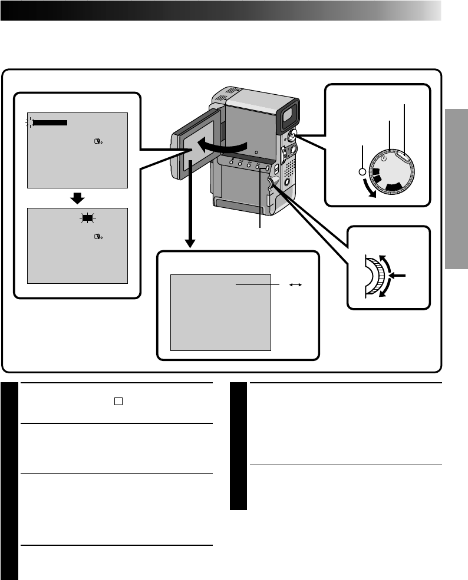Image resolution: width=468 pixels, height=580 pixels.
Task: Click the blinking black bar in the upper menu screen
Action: (x=50, y=122)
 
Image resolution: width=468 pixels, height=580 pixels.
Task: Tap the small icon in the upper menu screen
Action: (x=98, y=142)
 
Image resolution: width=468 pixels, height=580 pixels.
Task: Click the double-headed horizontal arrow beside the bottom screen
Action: (x=296, y=284)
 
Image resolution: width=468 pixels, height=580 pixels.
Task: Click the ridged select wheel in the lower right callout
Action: (x=384, y=275)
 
